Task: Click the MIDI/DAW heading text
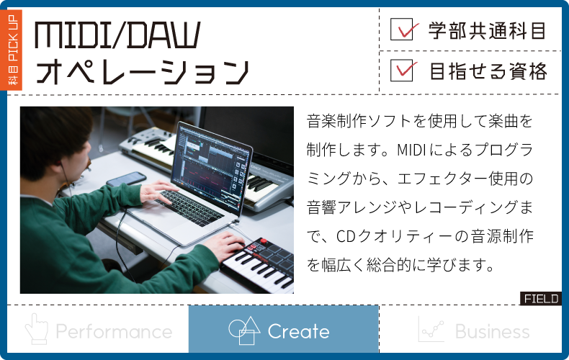(117, 35)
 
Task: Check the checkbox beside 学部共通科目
(402, 29)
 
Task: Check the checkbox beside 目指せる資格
(402, 71)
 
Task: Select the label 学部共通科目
(487, 30)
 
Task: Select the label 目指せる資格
(488, 71)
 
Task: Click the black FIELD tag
(541, 299)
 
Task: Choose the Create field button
(283, 329)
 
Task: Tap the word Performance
(114, 331)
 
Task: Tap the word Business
(493, 331)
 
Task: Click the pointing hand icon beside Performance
(36, 329)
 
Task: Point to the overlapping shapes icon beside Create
(244, 330)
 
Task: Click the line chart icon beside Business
(431, 329)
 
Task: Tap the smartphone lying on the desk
(126, 179)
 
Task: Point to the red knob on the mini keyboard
(264, 241)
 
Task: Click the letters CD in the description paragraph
(345, 236)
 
